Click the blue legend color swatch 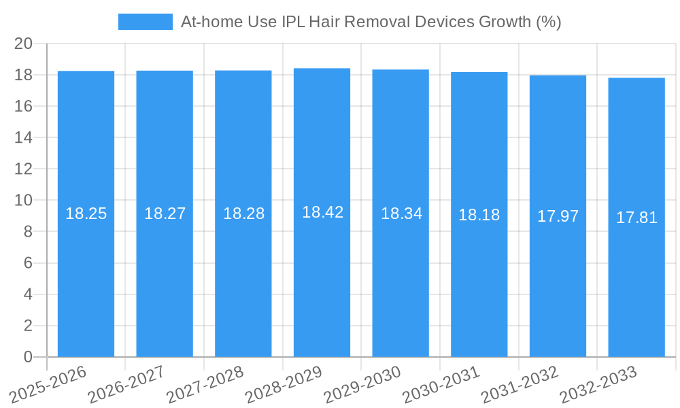(x=146, y=22)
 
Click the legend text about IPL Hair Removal (x=371, y=22)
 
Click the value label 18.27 (x=165, y=214)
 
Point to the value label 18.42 (x=322, y=212)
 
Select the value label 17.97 (x=558, y=216)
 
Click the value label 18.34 (x=401, y=214)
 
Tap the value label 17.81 (x=636, y=218)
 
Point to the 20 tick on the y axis (x=23, y=44)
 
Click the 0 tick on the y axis (x=28, y=357)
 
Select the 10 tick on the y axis (x=23, y=201)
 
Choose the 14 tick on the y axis (x=23, y=138)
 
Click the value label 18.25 (x=86, y=214)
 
